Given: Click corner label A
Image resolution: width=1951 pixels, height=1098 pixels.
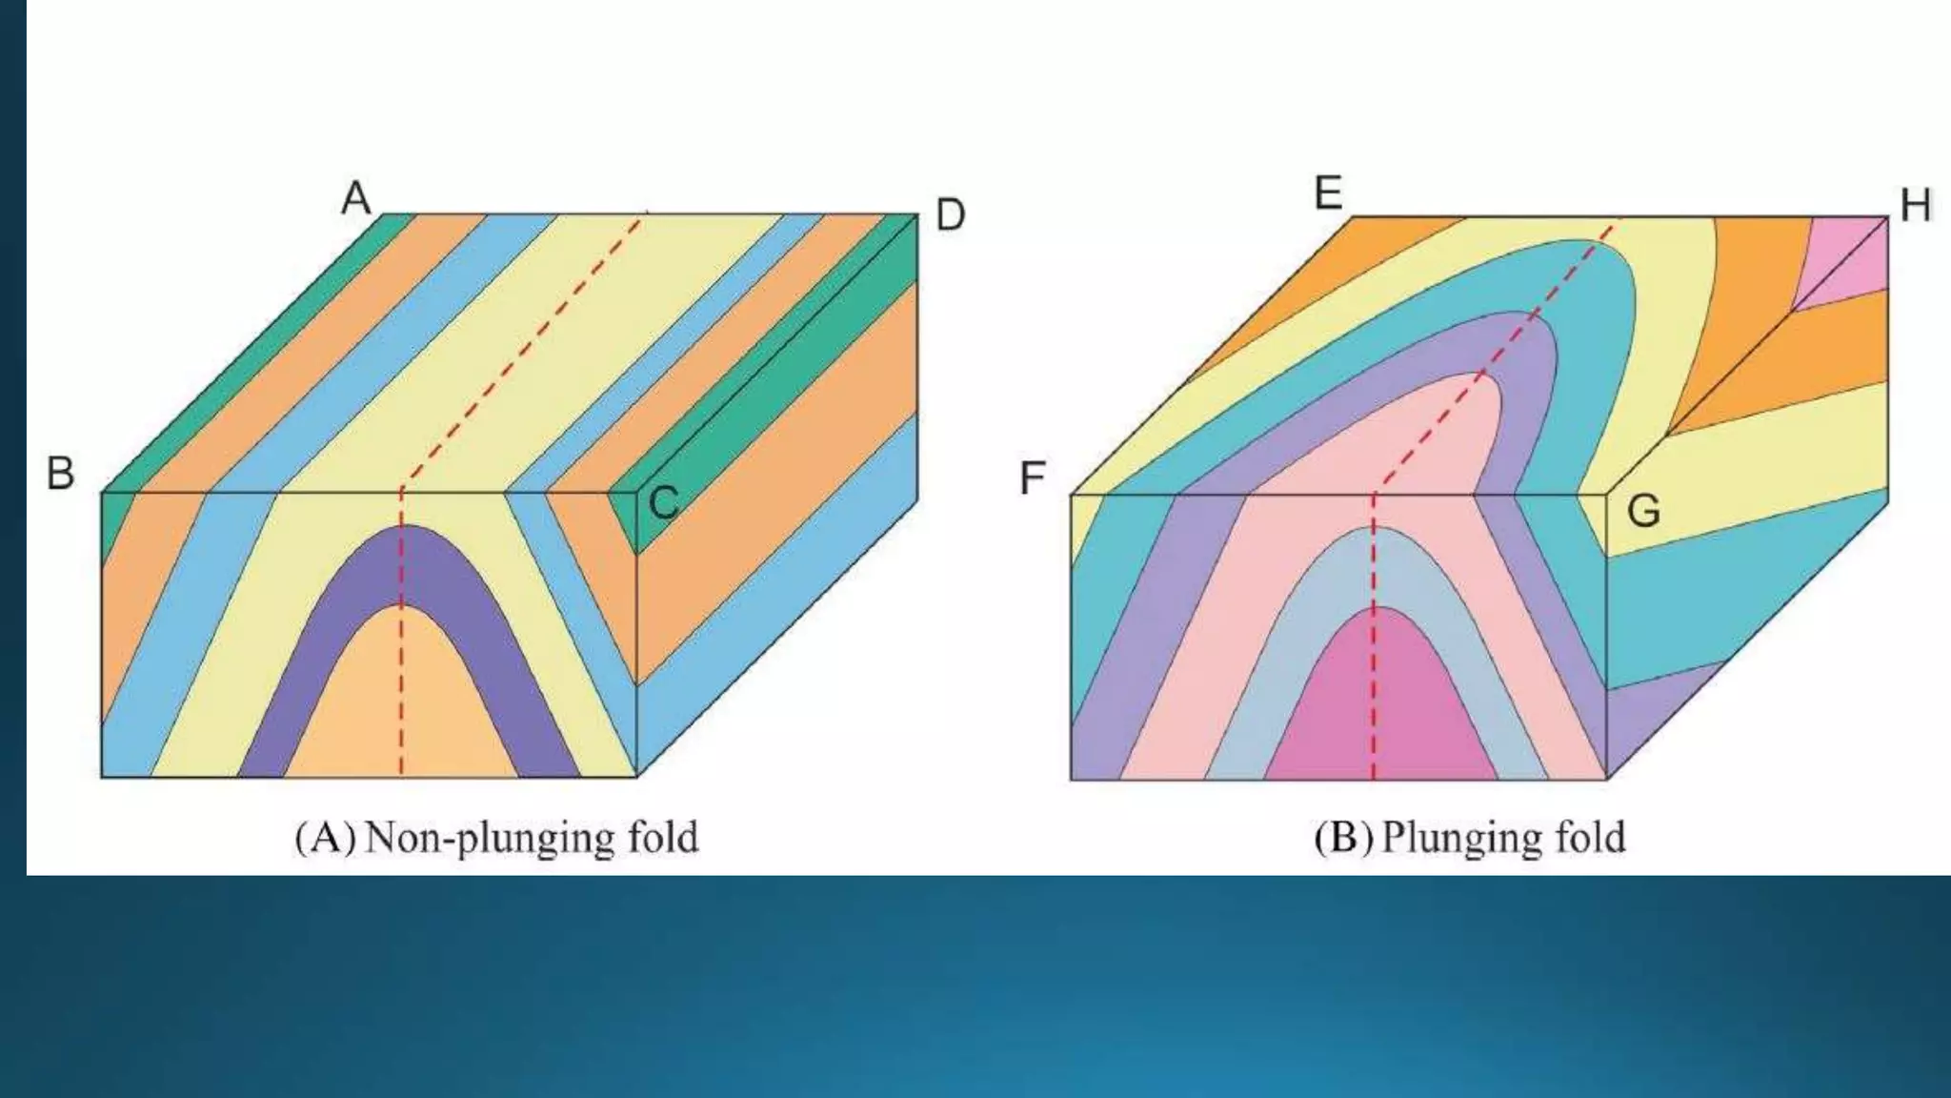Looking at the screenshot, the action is (356, 199).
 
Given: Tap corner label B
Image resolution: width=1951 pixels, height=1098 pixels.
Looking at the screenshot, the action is (60, 473).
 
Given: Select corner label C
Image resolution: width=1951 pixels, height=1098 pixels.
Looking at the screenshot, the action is (663, 502).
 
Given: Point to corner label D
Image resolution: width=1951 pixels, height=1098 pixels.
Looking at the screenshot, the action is (950, 215).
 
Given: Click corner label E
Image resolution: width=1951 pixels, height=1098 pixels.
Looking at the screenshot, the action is (1328, 193).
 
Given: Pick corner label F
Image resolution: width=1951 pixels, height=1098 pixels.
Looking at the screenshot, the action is (1033, 478).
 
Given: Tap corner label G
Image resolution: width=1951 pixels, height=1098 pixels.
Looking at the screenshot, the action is (1643, 512).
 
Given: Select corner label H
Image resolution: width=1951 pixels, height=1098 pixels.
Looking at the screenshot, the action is (1915, 206).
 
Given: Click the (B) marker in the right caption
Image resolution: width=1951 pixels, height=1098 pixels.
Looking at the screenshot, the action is (1342, 838).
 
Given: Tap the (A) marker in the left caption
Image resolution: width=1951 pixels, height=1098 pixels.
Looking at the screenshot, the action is (326, 838).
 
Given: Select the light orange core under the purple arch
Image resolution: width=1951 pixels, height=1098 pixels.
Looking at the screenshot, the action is (401, 705).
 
